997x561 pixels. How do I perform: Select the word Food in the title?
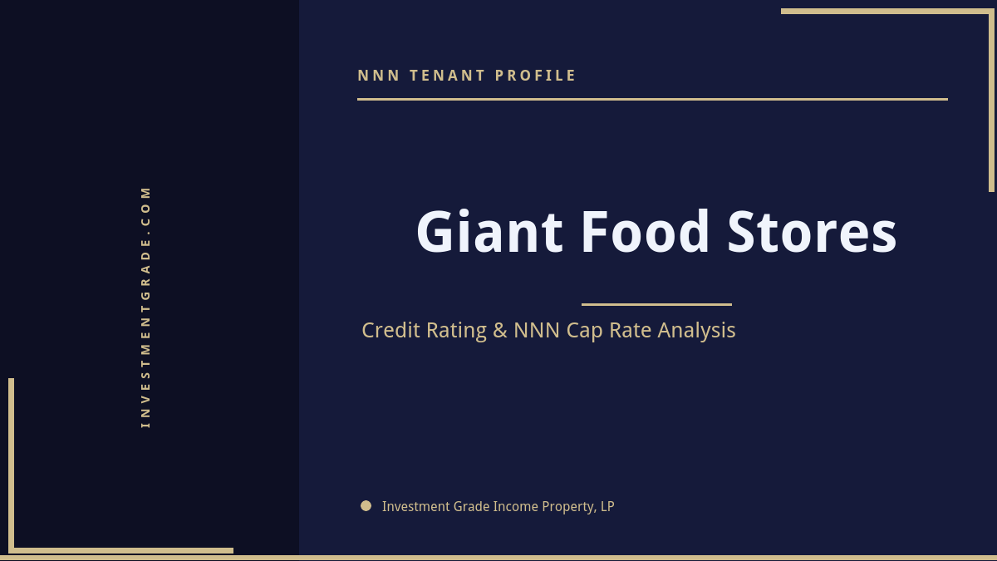[x=645, y=232]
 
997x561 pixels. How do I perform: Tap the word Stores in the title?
[x=812, y=232]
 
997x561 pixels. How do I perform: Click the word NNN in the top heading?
[x=378, y=76]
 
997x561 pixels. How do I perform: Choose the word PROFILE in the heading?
[x=536, y=76]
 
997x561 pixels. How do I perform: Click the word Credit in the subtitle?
[x=390, y=330]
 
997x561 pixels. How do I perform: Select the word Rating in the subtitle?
[x=456, y=331]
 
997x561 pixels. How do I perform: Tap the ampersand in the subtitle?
[x=499, y=331]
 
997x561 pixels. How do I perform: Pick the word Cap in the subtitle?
[x=584, y=331]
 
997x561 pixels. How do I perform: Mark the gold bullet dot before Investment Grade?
[x=366, y=505]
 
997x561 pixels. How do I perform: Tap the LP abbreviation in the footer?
[x=607, y=506]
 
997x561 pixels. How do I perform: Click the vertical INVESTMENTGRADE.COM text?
[x=145, y=306]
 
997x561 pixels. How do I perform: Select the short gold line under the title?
[x=656, y=304]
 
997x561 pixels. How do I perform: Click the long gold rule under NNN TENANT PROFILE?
[x=652, y=99]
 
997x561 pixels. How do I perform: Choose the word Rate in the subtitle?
[x=631, y=331]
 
